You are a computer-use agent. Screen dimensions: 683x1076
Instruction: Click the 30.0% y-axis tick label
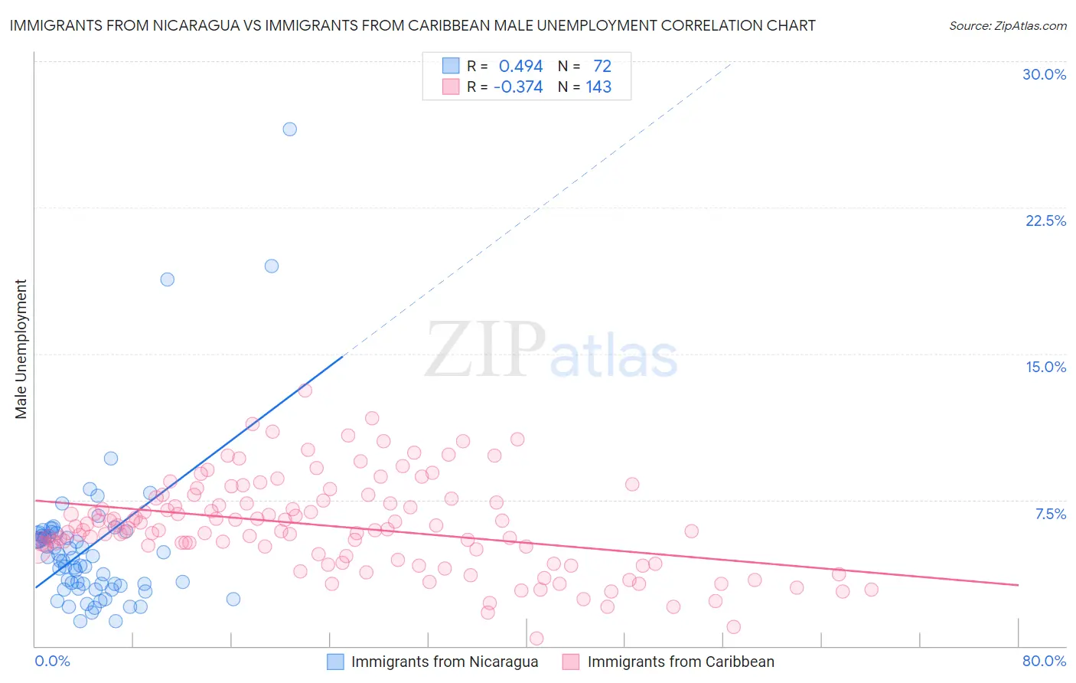pyautogui.click(x=1044, y=74)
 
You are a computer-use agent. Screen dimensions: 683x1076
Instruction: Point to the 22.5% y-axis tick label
pyautogui.click(x=1045, y=221)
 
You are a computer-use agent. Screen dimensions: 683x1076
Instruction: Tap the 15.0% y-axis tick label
pyautogui.click(x=1045, y=367)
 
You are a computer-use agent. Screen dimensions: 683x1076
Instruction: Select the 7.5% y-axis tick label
pyautogui.click(x=1050, y=514)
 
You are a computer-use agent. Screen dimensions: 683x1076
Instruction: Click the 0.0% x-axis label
pyautogui.click(x=52, y=661)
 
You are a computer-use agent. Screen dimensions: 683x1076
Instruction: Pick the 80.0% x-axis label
pyautogui.click(x=1044, y=661)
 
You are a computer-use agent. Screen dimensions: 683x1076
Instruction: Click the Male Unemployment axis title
pyautogui.click(x=21, y=348)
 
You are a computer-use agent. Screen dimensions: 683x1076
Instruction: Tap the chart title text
pyautogui.click(x=412, y=25)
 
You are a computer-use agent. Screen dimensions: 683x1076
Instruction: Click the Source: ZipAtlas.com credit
pyautogui.click(x=1007, y=25)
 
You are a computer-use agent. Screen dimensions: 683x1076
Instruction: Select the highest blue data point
pyautogui.click(x=289, y=129)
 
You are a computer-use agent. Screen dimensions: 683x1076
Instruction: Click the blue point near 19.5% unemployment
pyautogui.click(x=271, y=266)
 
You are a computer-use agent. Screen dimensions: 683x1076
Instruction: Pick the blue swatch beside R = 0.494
pyautogui.click(x=451, y=66)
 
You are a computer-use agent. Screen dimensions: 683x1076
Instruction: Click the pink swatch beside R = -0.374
pyautogui.click(x=451, y=87)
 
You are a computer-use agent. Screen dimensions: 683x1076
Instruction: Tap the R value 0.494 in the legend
pyautogui.click(x=520, y=66)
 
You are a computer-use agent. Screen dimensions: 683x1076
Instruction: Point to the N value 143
pyautogui.click(x=598, y=87)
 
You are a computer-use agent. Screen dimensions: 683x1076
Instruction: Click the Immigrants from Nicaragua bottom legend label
pyautogui.click(x=444, y=662)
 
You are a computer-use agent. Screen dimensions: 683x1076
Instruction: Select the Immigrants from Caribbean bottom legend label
pyautogui.click(x=680, y=662)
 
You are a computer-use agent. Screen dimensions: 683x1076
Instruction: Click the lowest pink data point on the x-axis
pyautogui.click(x=536, y=639)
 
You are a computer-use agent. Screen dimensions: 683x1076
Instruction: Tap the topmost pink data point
pyautogui.click(x=305, y=390)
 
